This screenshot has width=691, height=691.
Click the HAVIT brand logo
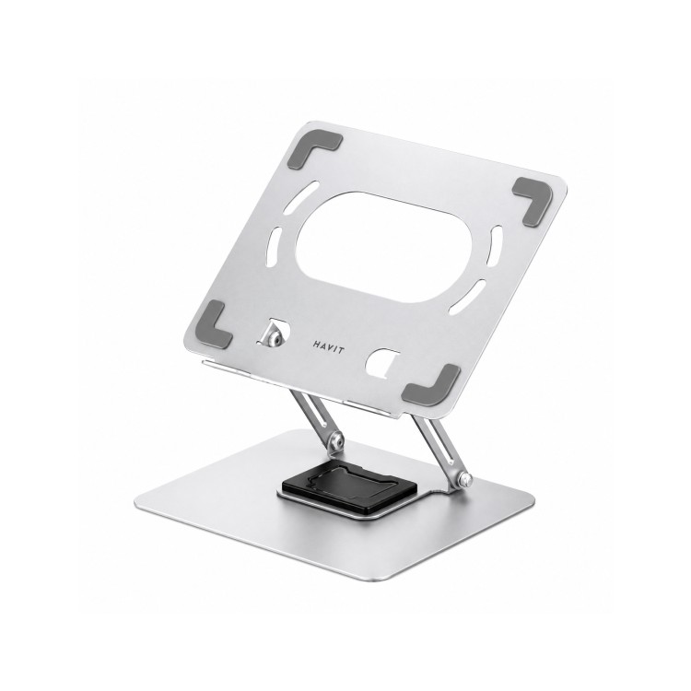pyautogui.click(x=329, y=346)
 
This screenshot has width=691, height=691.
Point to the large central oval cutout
pyautogui.click(x=384, y=247)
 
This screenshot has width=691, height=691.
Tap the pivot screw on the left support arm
pyautogui.click(x=337, y=439)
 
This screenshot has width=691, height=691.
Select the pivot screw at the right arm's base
pyautogui.click(x=463, y=477)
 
